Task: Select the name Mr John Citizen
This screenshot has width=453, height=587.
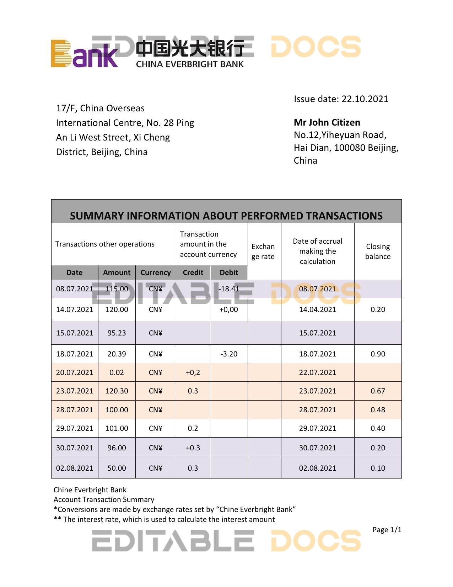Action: pyautogui.click(x=327, y=122)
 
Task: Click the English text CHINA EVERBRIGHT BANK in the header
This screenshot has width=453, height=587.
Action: pyautogui.click(x=190, y=64)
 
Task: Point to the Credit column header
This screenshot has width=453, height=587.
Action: pyautogui.click(x=193, y=273)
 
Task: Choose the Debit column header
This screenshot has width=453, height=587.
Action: pyautogui.click(x=229, y=273)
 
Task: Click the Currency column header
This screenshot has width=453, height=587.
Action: pyautogui.click(x=156, y=273)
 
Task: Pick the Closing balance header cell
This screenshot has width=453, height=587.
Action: pyautogui.click(x=378, y=251)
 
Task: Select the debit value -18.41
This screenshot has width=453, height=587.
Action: pyautogui.click(x=229, y=289)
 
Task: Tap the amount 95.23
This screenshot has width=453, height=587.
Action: pyautogui.click(x=117, y=333)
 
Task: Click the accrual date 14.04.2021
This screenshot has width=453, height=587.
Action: pyautogui.click(x=317, y=310)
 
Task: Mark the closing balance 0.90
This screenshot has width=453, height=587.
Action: pyautogui.click(x=378, y=354)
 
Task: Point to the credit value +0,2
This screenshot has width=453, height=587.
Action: pyautogui.click(x=193, y=372)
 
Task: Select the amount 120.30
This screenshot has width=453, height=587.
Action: pyautogui.click(x=117, y=391)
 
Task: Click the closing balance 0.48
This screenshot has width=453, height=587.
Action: pyautogui.click(x=378, y=410)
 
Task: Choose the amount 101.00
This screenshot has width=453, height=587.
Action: pyautogui.click(x=117, y=428)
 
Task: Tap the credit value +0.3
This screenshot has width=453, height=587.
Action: pyautogui.click(x=193, y=448)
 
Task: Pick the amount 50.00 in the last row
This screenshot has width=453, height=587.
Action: pyautogui.click(x=117, y=468)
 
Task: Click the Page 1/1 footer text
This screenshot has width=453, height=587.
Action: pyautogui.click(x=387, y=530)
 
